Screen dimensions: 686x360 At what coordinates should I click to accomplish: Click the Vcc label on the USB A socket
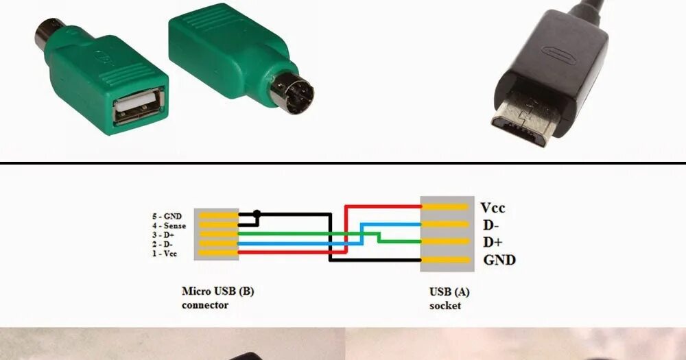[x=493, y=208]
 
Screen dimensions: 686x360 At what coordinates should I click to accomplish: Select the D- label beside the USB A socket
[x=490, y=225]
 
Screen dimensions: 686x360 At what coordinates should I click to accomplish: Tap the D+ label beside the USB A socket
[x=493, y=242]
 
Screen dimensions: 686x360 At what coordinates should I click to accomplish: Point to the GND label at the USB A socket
[x=499, y=260]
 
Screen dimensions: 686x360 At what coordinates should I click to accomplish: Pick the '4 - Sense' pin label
[x=169, y=226]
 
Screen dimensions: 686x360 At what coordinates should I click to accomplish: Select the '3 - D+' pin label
[x=163, y=235]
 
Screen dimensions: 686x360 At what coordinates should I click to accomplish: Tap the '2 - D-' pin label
[x=163, y=244]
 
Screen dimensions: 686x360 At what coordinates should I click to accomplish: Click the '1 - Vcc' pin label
[x=165, y=254]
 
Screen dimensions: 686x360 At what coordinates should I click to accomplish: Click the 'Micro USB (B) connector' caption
[x=217, y=298]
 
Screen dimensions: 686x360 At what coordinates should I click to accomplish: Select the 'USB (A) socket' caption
[x=449, y=298]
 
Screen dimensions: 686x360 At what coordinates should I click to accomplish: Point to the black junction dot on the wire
[x=257, y=213]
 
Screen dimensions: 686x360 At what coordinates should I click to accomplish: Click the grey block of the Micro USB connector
[x=216, y=234]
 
